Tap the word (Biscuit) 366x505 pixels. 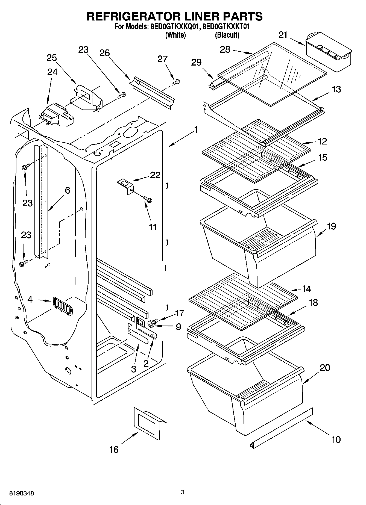pyautogui.click(x=227, y=35)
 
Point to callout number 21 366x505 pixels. pyautogui.click(x=283, y=35)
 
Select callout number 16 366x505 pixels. pyautogui.click(x=114, y=449)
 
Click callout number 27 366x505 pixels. pyautogui.click(x=162, y=59)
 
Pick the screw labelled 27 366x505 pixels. pyautogui.click(x=176, y=81)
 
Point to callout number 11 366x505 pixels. pyautogui.click(x=153, y=227)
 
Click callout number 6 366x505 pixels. pyautogui.click(x=67, y=190)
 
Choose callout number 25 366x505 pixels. pyautogui.click(x=52, y=58)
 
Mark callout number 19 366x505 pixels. pyautogui.click(x=331, y=226)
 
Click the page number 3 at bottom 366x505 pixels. pyautogui.click(x=183, y=492)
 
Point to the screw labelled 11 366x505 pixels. pyautogui.click(x=148, y=200)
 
